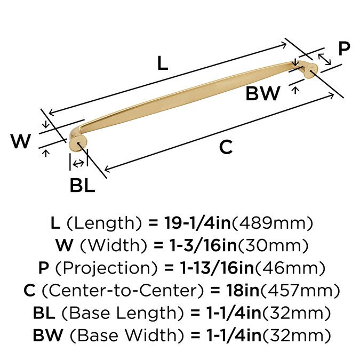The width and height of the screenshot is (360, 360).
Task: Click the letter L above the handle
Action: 163,63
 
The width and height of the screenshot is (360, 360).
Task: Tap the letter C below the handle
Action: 226,147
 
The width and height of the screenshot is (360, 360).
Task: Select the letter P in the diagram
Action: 344,49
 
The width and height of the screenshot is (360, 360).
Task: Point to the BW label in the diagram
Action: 262,94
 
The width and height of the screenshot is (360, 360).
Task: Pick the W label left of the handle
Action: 21,142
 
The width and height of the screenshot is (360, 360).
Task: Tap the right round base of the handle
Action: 310,70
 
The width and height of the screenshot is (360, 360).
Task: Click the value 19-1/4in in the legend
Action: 195,222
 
